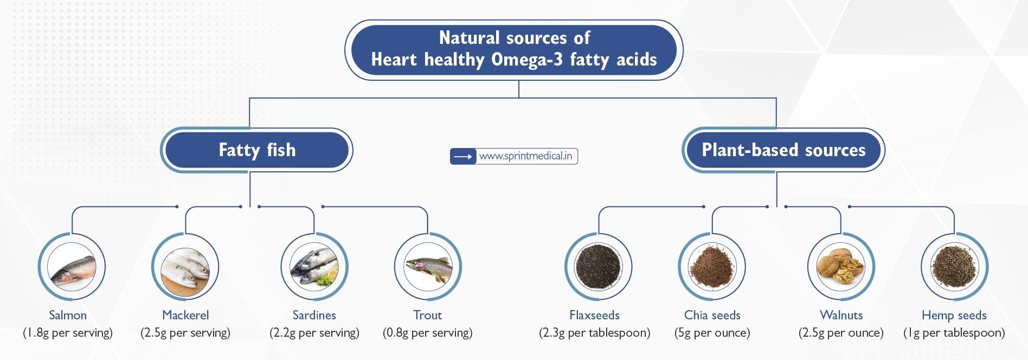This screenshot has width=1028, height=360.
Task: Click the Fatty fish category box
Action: point(256,150)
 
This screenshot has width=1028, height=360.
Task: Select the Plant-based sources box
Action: point(783,150)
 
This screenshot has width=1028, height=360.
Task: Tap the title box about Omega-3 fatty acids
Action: point(514,49)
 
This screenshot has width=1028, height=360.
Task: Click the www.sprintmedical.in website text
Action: point(525,157)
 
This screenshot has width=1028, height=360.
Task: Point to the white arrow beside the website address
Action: point(463,157)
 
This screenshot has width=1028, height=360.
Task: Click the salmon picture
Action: point(72,267)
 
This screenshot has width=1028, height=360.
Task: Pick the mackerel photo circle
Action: point(185,267)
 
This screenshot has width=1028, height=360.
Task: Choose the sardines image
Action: point(314,267)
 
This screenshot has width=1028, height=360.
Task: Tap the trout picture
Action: point(428,267)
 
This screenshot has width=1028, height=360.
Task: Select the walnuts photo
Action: point(841,267)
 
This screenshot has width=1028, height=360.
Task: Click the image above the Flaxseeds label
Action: point(599,267)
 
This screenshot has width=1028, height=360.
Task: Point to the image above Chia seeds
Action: point(712,267)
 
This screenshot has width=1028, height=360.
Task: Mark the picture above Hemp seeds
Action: point(954,267)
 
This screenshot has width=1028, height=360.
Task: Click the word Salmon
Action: point(68,316)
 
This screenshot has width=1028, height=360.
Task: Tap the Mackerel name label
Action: point(185,316)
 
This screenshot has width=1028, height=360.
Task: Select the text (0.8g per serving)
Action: point(428,333)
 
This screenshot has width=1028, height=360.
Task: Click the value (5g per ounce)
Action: point(712,333)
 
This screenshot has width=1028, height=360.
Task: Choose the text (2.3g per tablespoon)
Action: point(595,333)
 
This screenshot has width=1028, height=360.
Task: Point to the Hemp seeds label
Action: point(954,316)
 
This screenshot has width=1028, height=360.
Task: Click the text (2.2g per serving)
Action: point(314,333)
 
